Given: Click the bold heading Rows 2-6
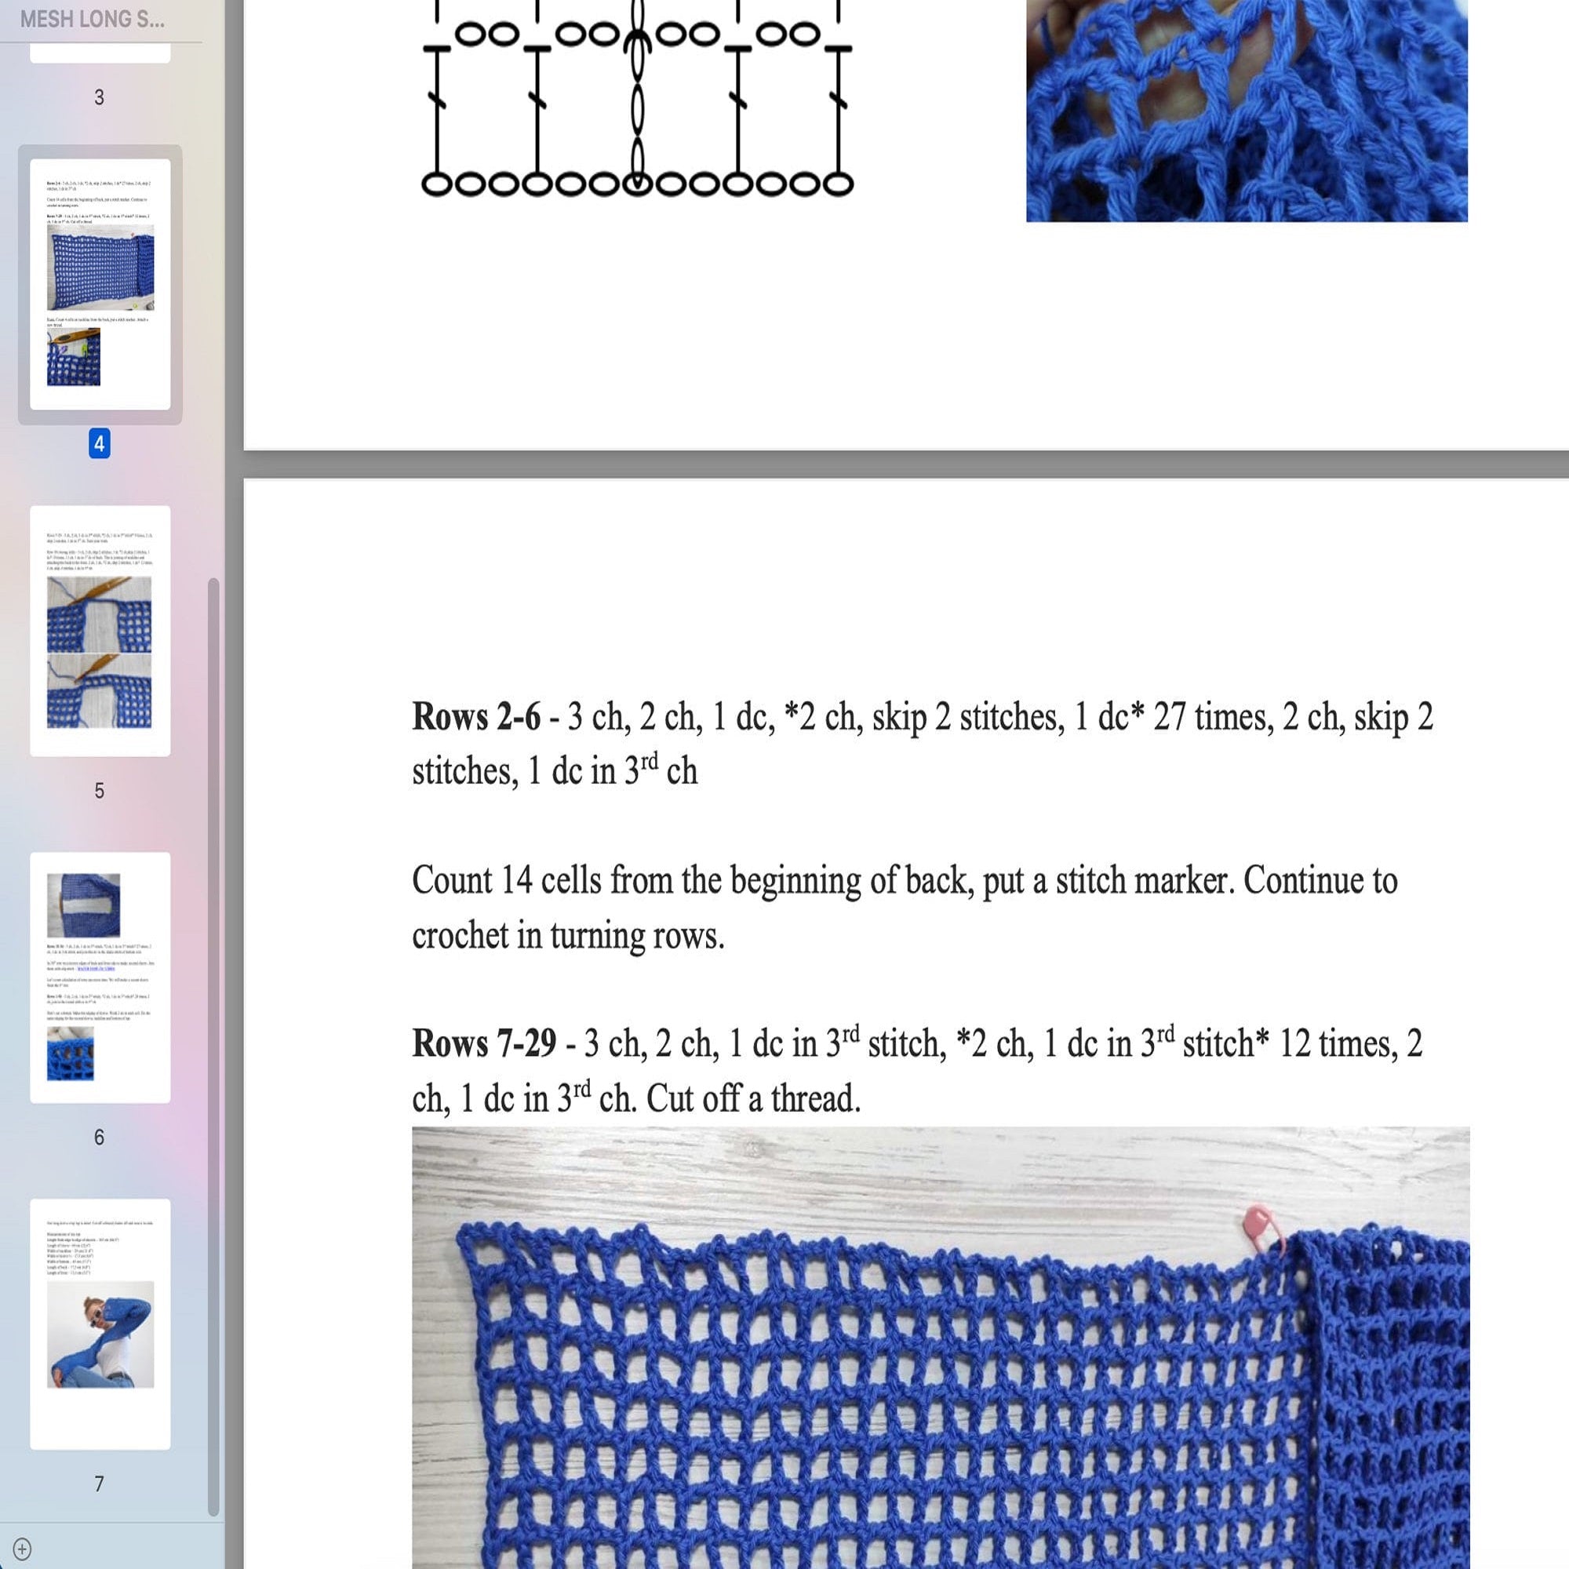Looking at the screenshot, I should pos(476,717).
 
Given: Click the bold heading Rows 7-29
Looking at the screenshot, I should pos(484,1043).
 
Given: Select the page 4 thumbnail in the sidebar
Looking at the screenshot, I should pos(100,283).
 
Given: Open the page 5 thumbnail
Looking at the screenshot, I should pos(100,630).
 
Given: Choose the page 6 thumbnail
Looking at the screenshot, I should pos(100,976).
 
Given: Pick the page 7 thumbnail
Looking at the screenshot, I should pos(100,1323).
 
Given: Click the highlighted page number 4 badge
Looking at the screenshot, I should pos(99,443).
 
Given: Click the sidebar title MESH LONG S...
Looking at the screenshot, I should pos(92,20).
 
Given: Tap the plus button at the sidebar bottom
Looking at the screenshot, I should pos(22,1549).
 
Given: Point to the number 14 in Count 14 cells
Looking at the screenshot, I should pos(515,880).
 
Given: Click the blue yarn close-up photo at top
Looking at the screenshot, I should pos(1246,111).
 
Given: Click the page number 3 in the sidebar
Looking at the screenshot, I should pos(99,97).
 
